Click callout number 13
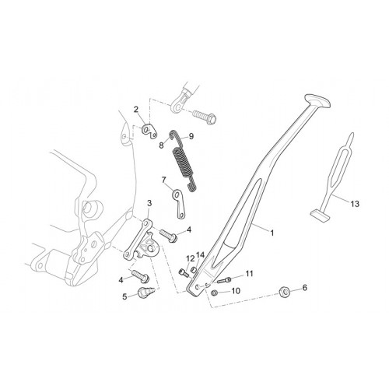355,204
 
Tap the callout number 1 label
272,233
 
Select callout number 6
305,287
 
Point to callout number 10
236,291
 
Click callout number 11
249,274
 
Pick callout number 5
124,296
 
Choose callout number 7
163,180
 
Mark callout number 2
136,110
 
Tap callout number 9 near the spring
191,136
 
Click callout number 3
149,203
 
